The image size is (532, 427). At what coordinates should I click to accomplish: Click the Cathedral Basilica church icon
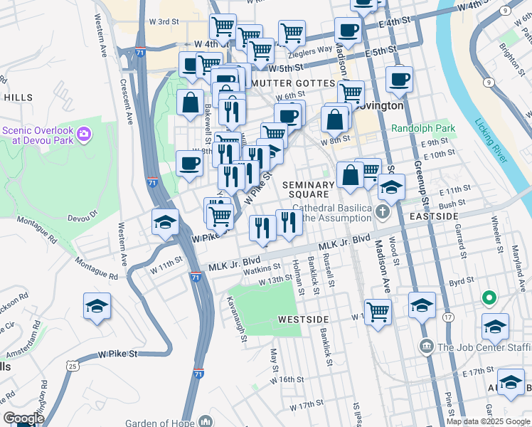pos(383,211)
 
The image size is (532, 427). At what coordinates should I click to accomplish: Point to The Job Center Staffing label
pos(484,347)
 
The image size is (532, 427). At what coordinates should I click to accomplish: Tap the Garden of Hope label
pos(157,422)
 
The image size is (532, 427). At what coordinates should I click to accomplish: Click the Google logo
pos(24,418)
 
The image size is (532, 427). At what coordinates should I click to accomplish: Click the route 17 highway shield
pos(448,316)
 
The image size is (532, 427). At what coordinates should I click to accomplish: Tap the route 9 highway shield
pos(488,83)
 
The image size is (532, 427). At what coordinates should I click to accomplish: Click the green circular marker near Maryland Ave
pos(489,297)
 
